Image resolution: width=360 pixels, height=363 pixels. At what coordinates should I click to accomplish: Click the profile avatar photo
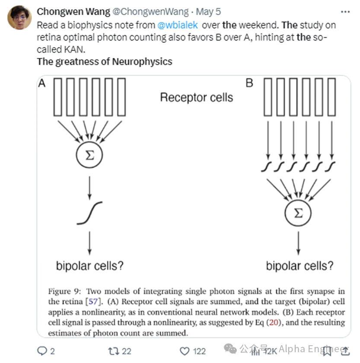19,18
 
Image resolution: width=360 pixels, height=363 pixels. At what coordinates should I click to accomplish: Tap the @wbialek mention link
178,25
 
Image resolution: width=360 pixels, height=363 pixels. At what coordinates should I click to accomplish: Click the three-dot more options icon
345,12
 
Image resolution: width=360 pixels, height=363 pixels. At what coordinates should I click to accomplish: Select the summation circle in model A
89,155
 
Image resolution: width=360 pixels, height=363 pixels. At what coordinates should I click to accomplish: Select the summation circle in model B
298,213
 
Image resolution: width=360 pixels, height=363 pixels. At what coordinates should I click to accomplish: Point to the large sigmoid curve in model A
89,213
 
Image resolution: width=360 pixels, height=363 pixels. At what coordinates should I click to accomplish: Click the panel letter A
42,83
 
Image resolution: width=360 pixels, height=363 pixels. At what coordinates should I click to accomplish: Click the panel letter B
249,83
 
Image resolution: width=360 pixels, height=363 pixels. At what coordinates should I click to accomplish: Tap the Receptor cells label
197,97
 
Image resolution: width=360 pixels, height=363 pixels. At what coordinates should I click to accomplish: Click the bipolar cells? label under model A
90,266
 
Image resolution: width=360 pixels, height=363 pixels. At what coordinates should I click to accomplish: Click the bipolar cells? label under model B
299,266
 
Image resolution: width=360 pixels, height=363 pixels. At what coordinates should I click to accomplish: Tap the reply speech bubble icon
42,351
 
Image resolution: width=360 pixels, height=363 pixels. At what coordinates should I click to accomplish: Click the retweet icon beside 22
114,351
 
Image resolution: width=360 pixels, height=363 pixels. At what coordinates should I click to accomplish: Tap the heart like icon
185,351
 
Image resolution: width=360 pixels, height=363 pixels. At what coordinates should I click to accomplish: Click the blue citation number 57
93,302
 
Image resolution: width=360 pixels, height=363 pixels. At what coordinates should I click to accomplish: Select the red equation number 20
274,322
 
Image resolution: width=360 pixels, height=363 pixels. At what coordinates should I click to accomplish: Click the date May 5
208,12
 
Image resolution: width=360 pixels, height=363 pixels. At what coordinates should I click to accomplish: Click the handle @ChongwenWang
150,12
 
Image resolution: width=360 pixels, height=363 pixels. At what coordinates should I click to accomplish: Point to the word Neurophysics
142,61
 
